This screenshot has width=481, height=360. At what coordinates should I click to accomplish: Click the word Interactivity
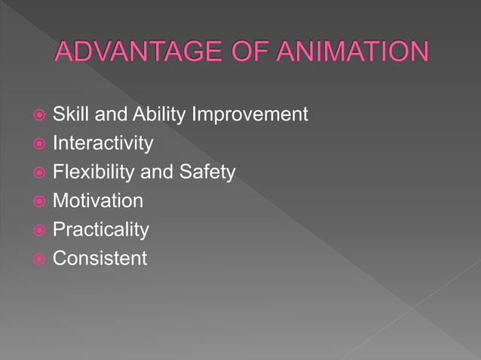[x=103, y=143]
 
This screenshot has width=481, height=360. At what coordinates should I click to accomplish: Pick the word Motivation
[x=97, y=201]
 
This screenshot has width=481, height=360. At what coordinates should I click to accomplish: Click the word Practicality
[x=100, y=230]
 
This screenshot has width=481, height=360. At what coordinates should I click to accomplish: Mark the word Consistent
[x=100, y=258]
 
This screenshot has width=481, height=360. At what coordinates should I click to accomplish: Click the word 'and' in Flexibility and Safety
[x=157, y=172]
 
